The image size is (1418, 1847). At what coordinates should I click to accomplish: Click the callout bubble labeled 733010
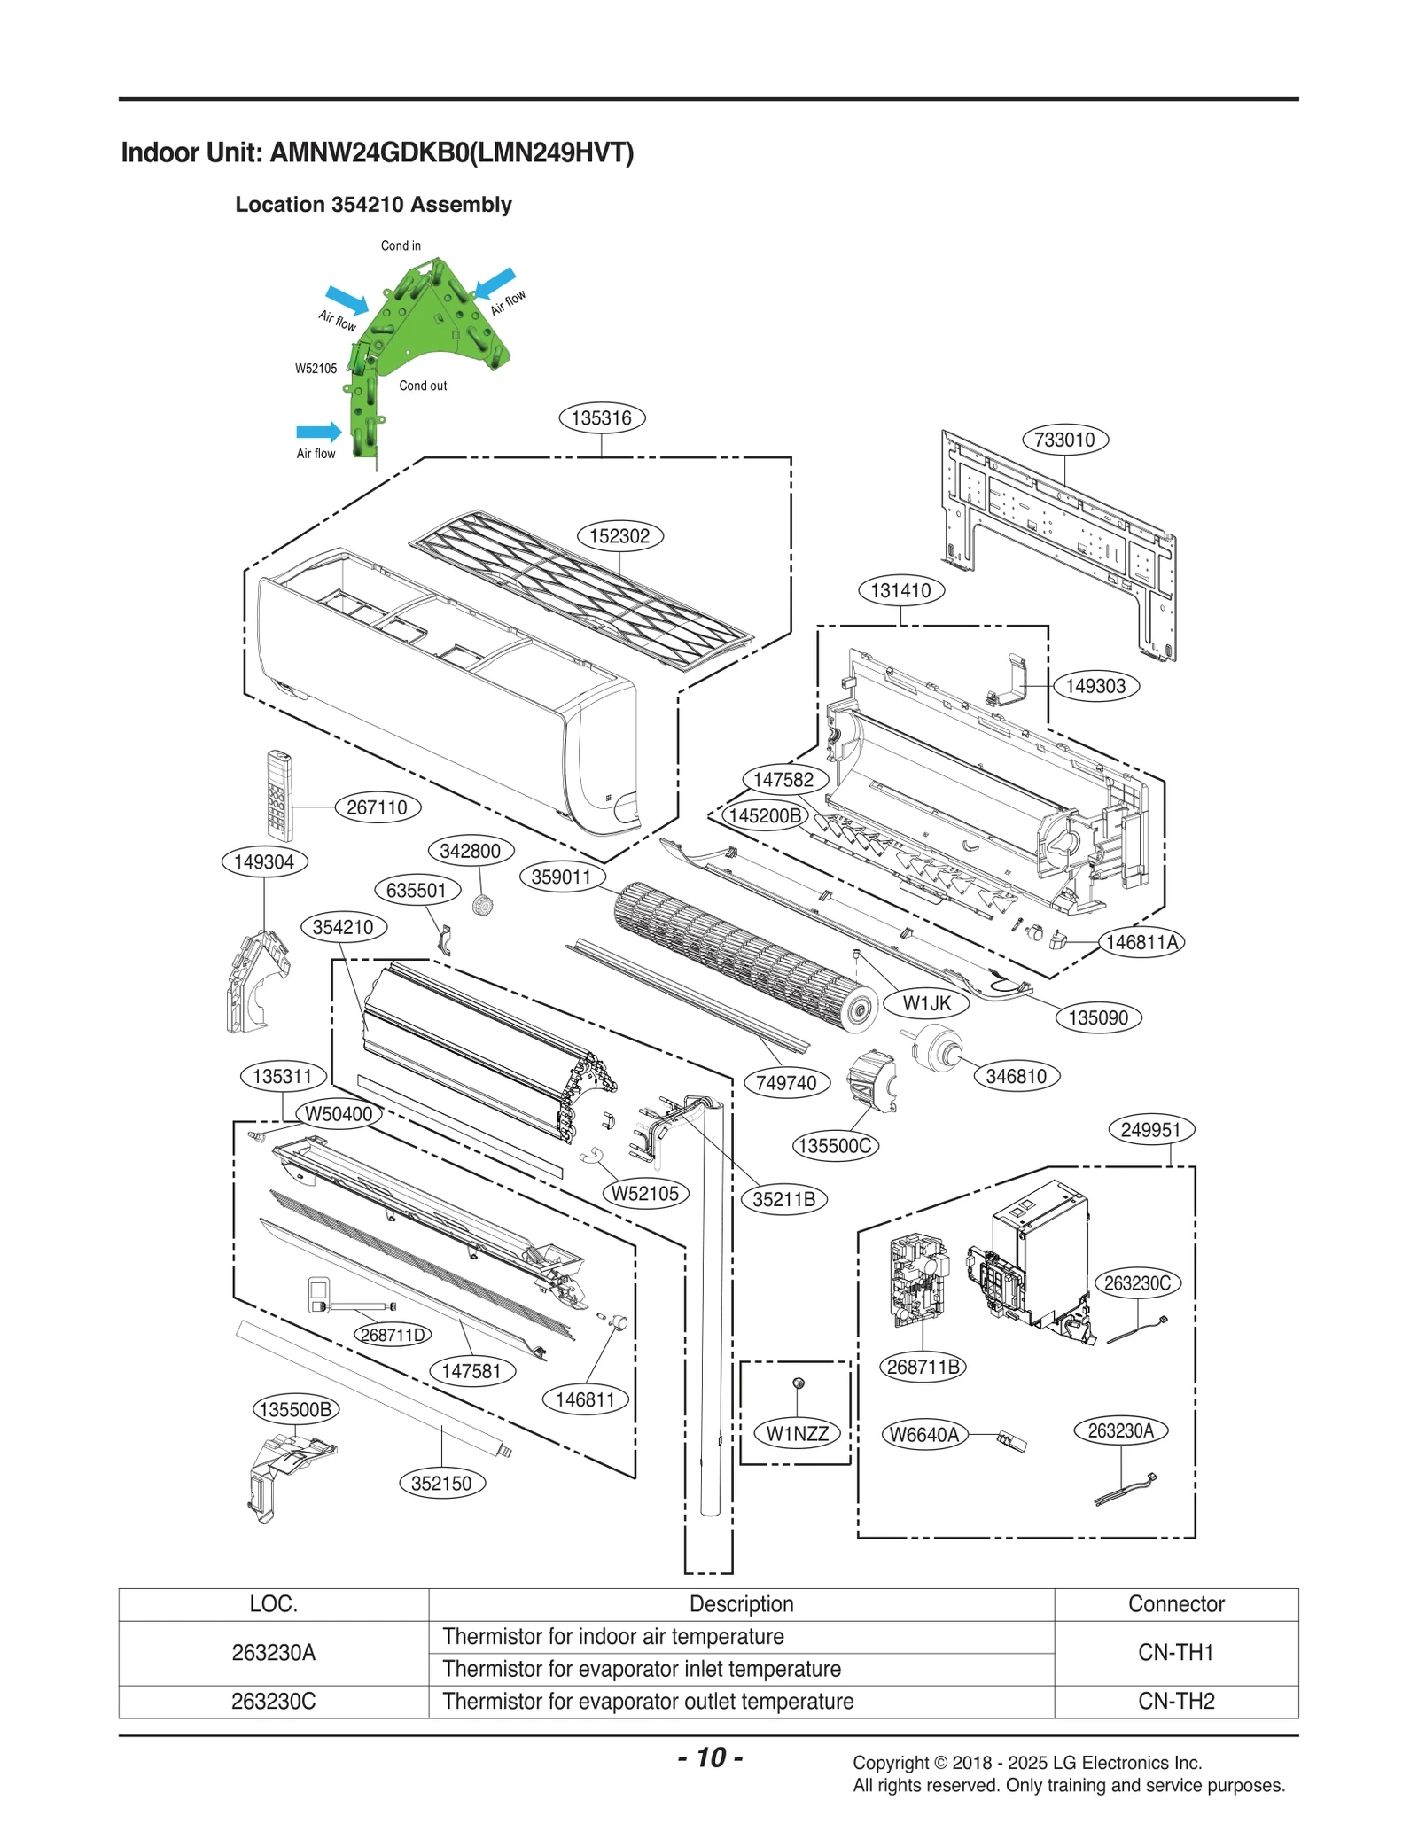coord(1064,440)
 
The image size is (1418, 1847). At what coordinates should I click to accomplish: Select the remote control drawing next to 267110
coord(279,795)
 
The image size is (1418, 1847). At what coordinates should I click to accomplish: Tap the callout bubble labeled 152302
coord(619,536)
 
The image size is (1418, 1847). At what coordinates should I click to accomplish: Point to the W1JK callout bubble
coord(926,1003)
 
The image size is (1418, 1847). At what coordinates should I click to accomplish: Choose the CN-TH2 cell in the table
coord(1175,1701)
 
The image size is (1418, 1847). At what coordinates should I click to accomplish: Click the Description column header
coord(741,1603)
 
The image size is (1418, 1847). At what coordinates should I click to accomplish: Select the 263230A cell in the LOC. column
coord(273,1652)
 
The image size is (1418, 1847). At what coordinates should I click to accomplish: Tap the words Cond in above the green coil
coord(401,245)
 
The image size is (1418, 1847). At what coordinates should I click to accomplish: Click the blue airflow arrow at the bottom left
coord(318,432)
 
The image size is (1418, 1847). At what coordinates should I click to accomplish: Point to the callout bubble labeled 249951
coord(1151,1130)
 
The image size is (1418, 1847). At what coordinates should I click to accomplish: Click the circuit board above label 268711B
coord(917,1281)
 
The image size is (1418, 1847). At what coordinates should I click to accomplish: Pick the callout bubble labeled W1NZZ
coord(797,1433)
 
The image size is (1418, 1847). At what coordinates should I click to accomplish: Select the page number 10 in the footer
coord(711,1757)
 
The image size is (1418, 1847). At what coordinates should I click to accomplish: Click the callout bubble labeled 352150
coord(441,1483)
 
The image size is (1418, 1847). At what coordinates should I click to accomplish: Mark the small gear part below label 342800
coord(482,905)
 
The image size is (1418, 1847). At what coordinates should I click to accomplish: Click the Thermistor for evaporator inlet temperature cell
coord(641,1669)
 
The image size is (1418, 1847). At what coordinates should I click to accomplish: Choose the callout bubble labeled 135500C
coord(834,1146)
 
